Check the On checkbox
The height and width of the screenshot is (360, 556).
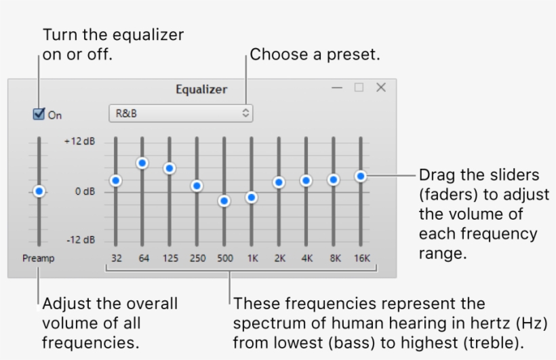(x=39, y=114)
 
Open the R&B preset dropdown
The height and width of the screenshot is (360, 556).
(x=180, y=113)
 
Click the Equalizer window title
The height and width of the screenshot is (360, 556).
(x=201, y=89)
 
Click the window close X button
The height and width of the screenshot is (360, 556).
(x=381, y=87)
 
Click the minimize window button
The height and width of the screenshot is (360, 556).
(x=337, y=87)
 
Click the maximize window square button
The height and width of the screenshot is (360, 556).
(x=359, y=87)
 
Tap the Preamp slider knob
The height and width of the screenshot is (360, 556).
(x=39, y=192)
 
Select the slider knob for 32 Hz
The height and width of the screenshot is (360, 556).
(x=115, y=180)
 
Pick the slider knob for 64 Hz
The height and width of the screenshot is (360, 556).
(x=142, y=163)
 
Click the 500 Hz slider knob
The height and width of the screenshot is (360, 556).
(x=224, y=201)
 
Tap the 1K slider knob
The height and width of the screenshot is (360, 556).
(x=252, y=197)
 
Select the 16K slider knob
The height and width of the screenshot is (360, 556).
(x=361, y=176)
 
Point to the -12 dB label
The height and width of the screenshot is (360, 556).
(x=81, y=240)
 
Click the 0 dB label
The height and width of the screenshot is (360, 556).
(x=85, y=191)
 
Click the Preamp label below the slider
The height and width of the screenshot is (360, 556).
(x=39, y=258)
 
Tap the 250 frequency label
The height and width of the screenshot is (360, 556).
(x=197, y=258)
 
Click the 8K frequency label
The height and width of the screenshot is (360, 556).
(x=333, y=258)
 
